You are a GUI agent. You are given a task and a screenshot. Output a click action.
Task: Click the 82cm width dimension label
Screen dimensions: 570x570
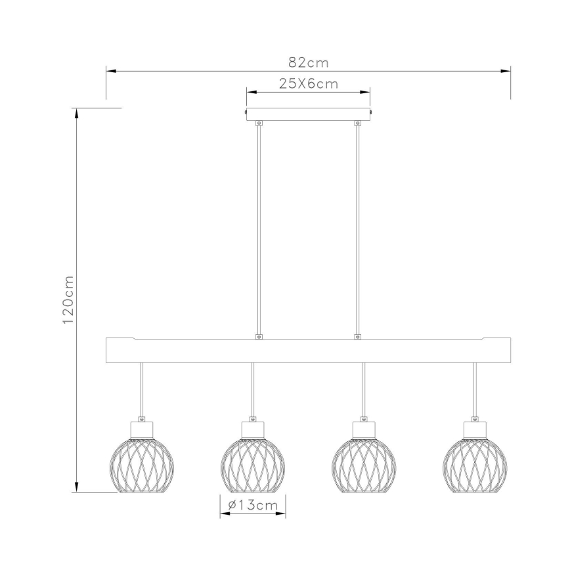click(308, 62)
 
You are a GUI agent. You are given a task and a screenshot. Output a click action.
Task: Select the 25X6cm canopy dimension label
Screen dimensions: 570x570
click(308, 83)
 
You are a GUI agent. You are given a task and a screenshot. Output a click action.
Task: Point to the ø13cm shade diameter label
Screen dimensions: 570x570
click(252, 505)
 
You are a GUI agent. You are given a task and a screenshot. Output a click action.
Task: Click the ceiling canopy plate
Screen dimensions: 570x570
click(308, 114)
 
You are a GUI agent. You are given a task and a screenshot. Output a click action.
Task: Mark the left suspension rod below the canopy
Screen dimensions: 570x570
click(259, 230)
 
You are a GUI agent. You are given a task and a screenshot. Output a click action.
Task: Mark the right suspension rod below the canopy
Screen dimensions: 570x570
click(357, 230)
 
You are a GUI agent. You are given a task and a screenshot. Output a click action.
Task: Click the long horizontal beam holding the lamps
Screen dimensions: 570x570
click(308, 351)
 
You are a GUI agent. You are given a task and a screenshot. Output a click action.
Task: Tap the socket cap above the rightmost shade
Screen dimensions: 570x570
click(475, 428)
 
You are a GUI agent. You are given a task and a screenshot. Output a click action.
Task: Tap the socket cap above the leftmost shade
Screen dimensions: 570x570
click(141, 428)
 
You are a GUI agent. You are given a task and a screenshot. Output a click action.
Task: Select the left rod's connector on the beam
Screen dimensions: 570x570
click(259, 337)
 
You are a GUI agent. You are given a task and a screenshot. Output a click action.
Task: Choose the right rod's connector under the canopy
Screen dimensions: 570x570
click(357, 123)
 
